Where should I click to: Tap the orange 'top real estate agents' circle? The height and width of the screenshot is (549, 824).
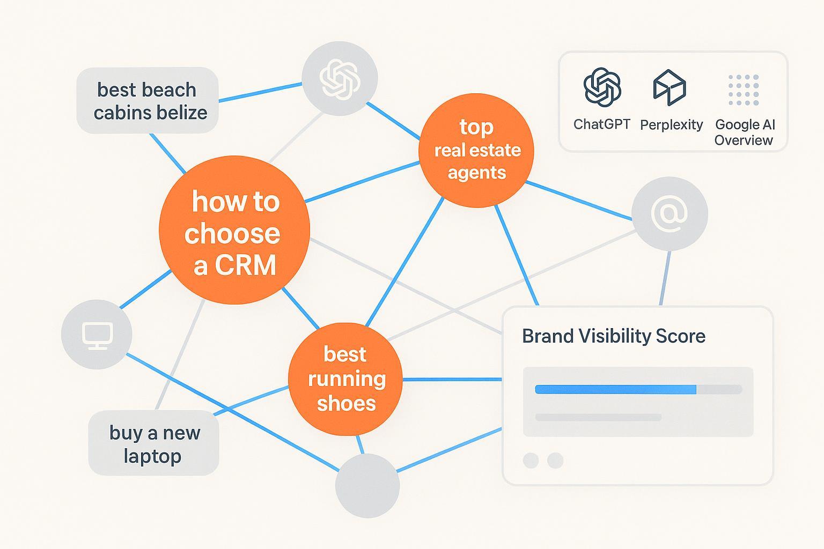point(476,150)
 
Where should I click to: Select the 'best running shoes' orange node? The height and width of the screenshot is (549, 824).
point(345,379)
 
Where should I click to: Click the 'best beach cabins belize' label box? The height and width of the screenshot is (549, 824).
point(148,101)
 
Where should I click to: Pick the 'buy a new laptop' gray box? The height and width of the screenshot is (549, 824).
point(153,443)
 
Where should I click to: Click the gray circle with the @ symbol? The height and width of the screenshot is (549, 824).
point(669,213)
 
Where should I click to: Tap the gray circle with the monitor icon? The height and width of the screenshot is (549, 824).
point(97,335)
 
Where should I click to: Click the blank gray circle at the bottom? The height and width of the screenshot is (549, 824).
point(367,485)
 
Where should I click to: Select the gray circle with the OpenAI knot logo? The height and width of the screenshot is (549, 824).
point(340,78)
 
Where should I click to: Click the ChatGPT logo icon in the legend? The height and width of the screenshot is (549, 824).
point(602,87)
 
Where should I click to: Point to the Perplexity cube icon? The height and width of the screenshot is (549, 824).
point(669,87)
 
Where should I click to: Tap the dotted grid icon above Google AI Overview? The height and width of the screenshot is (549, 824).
point(744,90)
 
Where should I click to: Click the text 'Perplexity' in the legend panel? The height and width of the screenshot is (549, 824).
point(671,125)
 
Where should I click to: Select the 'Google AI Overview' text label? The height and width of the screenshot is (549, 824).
point(745,132)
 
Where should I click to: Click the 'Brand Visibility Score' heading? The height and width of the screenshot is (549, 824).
point(613,336)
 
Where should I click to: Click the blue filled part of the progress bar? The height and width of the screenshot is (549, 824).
point(615,389)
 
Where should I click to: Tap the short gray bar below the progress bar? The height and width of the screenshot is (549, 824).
point(598,417)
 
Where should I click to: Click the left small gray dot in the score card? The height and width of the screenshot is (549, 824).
point(531,460)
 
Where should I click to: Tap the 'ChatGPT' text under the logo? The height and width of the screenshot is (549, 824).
point(601,124)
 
